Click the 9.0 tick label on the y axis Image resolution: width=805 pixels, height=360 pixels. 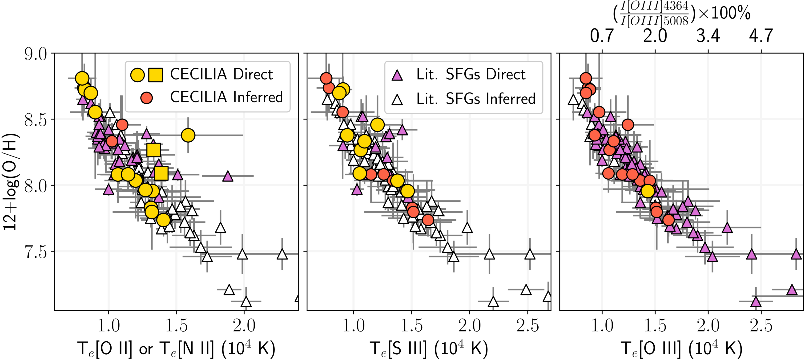tap(36, 54)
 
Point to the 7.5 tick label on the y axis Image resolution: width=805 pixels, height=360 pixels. tap(36, 252)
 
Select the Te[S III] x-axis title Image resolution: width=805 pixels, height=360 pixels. tap(429, 349)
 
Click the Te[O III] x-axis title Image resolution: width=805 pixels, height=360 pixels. tap(681, 349)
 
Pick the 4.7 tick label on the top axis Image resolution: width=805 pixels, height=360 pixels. tap(761, 36)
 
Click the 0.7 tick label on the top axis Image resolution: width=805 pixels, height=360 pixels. tap(602, 36)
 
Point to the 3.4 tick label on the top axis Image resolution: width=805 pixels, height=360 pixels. tap(708, 36)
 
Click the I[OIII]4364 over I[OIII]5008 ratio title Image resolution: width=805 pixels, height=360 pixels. tap(681, 13)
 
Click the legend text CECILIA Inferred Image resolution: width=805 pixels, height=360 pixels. tap(226, 97)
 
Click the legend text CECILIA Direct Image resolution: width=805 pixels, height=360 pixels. tap(221, 74)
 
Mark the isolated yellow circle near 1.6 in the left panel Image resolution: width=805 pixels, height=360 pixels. tap(188, 135)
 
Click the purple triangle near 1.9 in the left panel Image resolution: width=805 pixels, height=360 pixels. tap(228, 176)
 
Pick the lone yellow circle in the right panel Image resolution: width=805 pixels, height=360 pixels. tap(648, 191)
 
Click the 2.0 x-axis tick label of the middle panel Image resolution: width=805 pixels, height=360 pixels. tap(469, 326)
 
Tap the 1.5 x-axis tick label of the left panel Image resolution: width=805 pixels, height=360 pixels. tap(176, 326)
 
